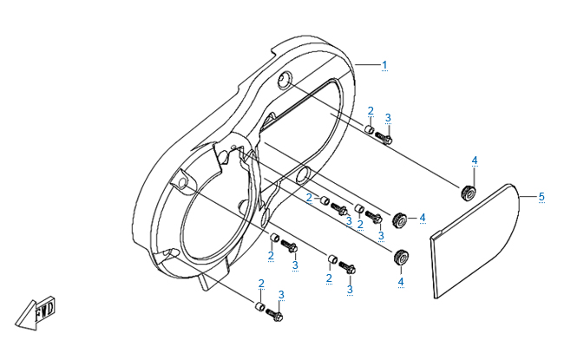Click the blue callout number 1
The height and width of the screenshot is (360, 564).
point(384,64)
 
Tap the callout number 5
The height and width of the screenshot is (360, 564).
point(541,197)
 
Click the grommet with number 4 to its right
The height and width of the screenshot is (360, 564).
point(403,219)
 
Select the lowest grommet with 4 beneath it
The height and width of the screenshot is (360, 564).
point(402,257)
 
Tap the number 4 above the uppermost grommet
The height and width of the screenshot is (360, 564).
point(475,160)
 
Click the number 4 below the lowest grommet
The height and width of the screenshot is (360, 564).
point(401,281)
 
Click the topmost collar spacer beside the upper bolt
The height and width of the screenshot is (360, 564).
point(369,131)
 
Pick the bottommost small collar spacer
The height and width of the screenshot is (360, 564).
point(259,306)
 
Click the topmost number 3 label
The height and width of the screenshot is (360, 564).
point(388,117)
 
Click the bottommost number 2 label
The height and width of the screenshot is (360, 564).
point(261,284)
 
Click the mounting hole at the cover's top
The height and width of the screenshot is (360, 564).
point(284,82)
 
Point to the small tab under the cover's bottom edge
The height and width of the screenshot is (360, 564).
point(205,283)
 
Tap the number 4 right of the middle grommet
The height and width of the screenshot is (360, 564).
point(422,217)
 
